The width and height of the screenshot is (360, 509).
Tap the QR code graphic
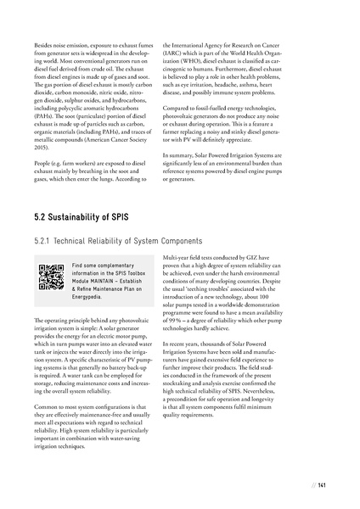coord(52,277)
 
